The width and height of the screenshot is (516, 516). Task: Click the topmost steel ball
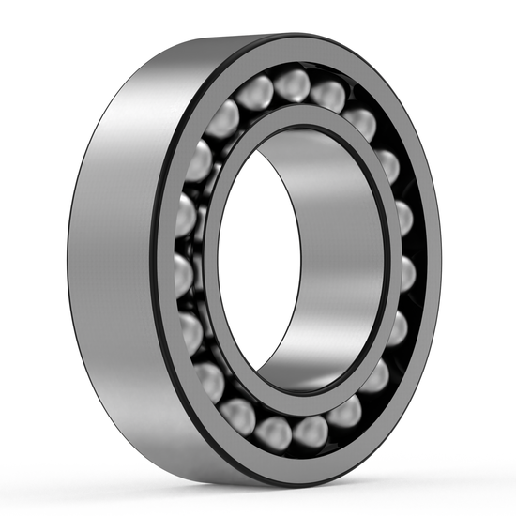(292, 84)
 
